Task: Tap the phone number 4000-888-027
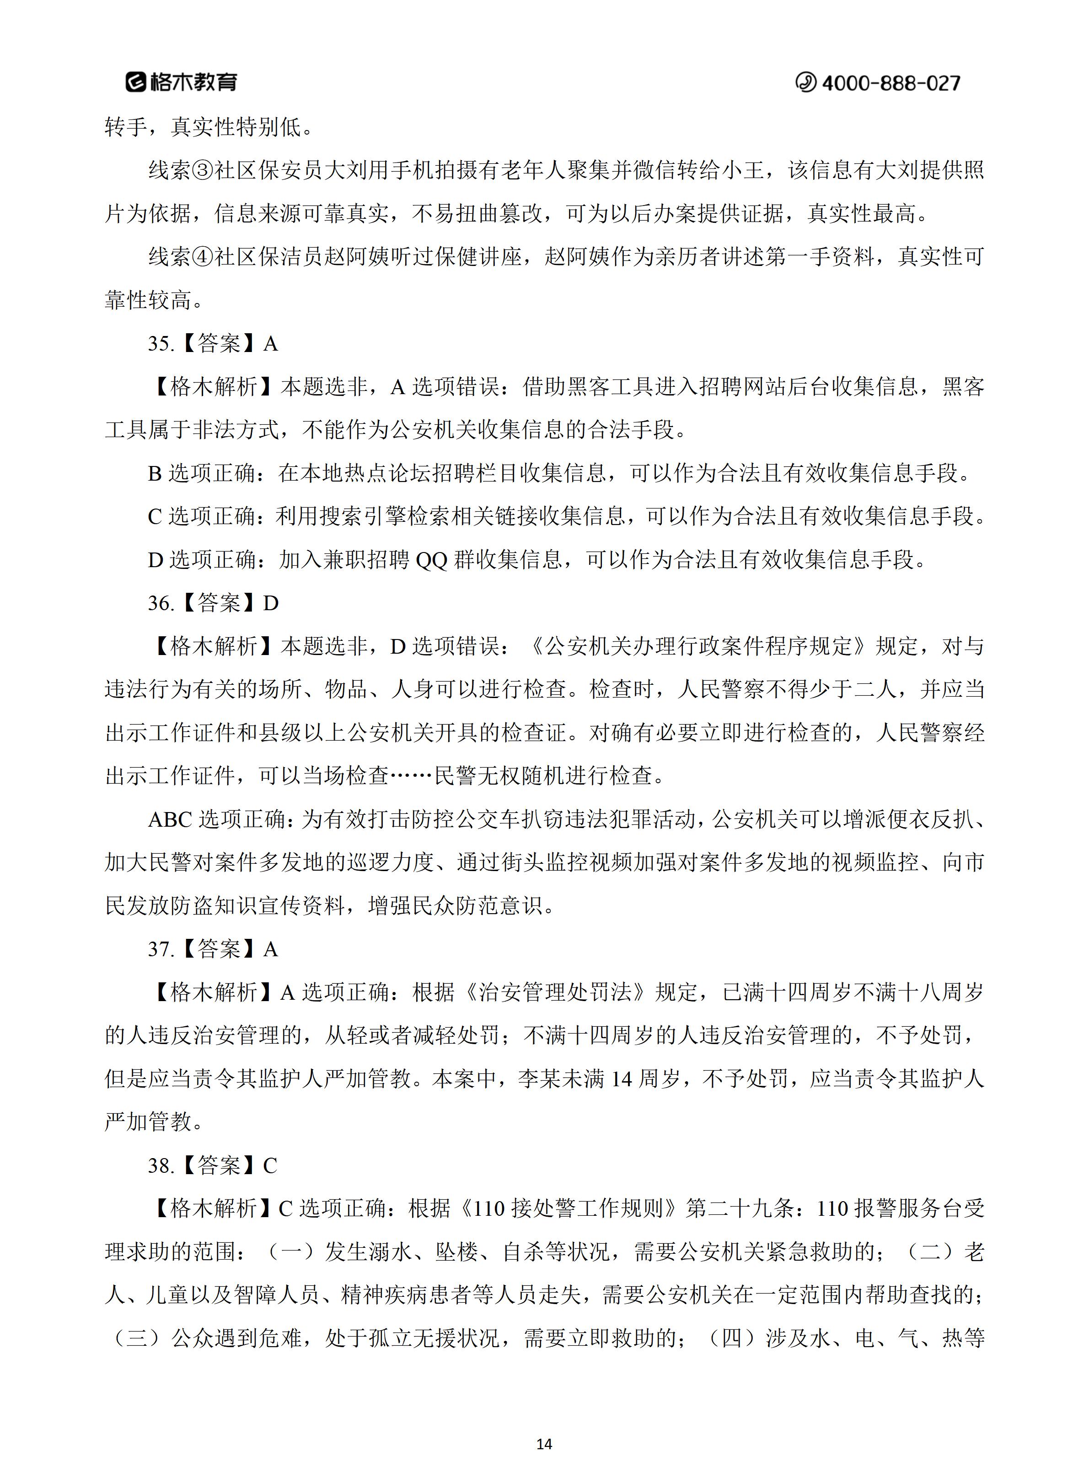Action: (x=891, y=83)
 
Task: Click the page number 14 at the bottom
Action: (x=544, y=1444)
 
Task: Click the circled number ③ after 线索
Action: (x=204, y=170)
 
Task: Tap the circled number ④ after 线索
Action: (x=204, y=257)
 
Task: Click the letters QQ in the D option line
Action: (x=432, y=560)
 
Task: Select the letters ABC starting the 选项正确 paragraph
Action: (x=170, y=819)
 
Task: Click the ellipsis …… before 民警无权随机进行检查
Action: (x=411, y=776)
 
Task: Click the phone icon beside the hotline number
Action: (x=805, y=82)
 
